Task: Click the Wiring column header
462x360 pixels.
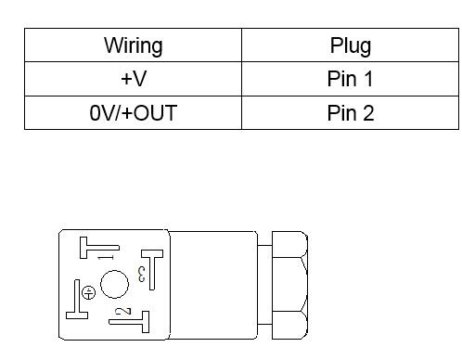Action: [134, 45]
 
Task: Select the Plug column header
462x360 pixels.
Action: [351, 45]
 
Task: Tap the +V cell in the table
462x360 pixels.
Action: [134, 79]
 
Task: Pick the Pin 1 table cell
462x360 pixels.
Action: [350, 79]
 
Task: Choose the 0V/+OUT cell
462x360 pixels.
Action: [134, 112]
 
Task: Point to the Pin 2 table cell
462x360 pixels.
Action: [351, 112]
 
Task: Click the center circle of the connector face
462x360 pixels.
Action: [114, 284]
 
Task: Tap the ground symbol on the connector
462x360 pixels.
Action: [88, 292]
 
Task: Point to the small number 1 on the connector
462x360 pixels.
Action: [106, 257]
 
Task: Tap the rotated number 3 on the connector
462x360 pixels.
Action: [141, 274]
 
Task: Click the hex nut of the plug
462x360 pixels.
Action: [289, 285]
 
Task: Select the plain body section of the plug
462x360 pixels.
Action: [213, 285]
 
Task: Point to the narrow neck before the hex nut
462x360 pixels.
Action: [264, 285]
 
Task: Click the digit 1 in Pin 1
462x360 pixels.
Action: [368, 79]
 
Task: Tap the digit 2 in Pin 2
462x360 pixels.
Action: [368, 112]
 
